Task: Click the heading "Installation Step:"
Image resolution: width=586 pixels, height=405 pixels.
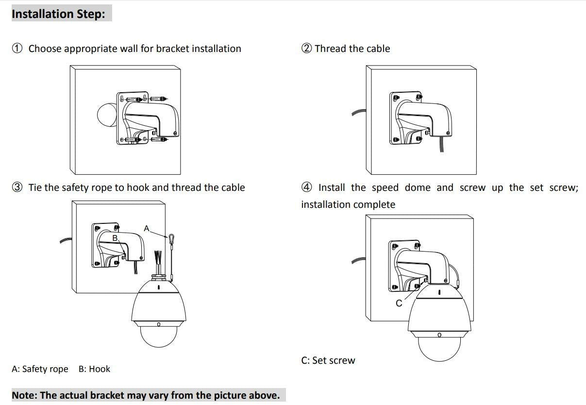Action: pos(58,14)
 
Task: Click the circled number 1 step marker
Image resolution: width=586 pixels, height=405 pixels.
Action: pos(17,49)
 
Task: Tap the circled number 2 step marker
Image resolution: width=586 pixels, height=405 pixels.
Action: pos(306,49)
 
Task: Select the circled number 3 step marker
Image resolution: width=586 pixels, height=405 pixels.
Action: pos(17,187)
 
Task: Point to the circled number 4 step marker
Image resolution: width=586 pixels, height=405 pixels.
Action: pos(306,187)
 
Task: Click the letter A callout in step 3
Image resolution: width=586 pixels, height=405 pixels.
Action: pos(147,228)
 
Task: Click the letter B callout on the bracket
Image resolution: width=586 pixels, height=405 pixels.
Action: pos(115,238)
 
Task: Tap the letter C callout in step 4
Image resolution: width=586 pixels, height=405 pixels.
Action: pos(399,303)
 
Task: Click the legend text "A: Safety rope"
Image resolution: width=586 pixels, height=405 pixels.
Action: pos(40,369)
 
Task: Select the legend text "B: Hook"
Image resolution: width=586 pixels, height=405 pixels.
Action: pos(94,369)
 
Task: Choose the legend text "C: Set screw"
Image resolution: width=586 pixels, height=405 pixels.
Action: pos(328,360)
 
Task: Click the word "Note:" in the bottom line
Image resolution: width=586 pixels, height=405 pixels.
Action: pos(24,395)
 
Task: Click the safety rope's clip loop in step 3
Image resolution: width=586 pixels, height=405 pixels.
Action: pos(171,238)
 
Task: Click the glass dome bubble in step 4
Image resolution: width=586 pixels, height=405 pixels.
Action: pos(439,348)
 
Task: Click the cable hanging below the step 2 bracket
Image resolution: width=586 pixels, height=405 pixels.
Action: pos(441,145)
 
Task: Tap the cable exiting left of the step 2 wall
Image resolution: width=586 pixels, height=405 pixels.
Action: pos(358,114)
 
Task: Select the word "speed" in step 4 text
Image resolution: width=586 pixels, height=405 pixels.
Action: pos(385,187)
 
